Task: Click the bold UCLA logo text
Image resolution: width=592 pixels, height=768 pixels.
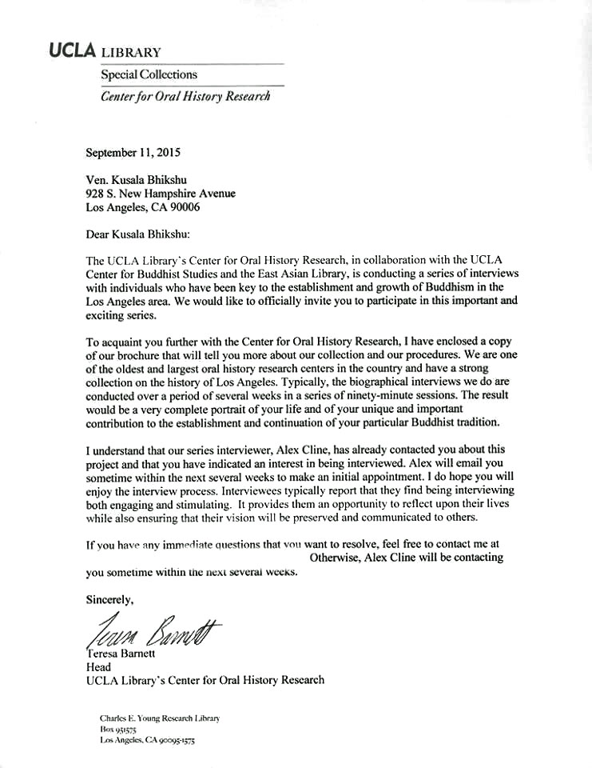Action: tap(72, 50)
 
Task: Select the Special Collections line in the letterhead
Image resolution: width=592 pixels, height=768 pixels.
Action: tap(149, 74)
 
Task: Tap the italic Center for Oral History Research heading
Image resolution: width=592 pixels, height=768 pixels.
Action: tap(185, 96)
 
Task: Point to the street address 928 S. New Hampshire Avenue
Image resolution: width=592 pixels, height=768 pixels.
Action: tap(161, 193)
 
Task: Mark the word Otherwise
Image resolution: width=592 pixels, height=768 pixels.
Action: tap(335, 558)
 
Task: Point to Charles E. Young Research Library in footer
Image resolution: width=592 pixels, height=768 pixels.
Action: tap(160, 718)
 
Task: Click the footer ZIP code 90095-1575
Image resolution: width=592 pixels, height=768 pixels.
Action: tap(173, 741)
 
